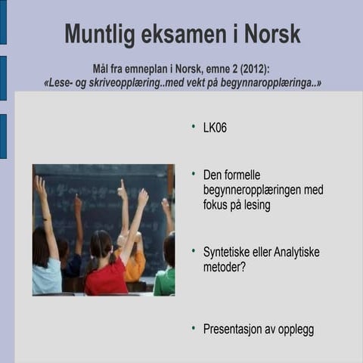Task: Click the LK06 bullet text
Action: click(215, 128)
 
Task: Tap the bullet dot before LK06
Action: click(194, 126)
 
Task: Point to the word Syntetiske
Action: click(230, 251)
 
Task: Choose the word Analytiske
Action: click(295, 251)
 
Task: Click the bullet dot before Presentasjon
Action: click(194, 328)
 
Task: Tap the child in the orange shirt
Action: click(134, 261)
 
